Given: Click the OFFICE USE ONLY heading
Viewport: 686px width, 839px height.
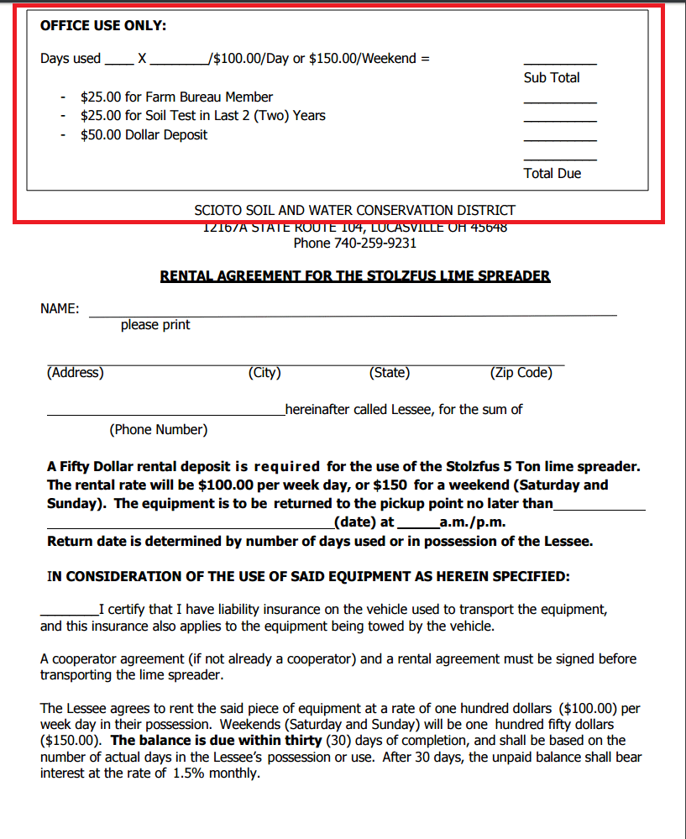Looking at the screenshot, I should point(103,26).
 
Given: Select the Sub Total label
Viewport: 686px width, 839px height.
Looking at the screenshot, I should point(552,77).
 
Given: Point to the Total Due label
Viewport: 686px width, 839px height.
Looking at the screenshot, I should point(552,173).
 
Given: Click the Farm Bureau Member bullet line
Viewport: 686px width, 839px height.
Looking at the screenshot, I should point(176,97).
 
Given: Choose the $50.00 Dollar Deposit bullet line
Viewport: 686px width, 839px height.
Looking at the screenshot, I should point(144,134).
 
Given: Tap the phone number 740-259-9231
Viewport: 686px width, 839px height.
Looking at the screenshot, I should point(354,243).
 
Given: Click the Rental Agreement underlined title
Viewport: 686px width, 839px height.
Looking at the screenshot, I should point(354,275).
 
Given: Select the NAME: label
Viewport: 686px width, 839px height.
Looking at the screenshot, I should point(60,308).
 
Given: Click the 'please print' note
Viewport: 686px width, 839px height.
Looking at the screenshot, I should point(155,324).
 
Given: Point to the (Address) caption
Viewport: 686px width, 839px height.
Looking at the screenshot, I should point(76,372).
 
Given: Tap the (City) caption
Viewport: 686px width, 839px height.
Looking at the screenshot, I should point(264,372).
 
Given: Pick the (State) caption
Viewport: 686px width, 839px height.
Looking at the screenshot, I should point(389,372).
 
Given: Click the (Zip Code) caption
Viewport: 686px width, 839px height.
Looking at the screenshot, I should point(521,372).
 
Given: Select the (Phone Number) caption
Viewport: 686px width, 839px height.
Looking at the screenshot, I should point(158,429).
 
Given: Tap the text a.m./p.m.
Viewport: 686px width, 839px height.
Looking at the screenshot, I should point(472,522).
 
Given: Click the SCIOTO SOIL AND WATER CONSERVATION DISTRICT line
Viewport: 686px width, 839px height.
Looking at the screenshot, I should point(354,210).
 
